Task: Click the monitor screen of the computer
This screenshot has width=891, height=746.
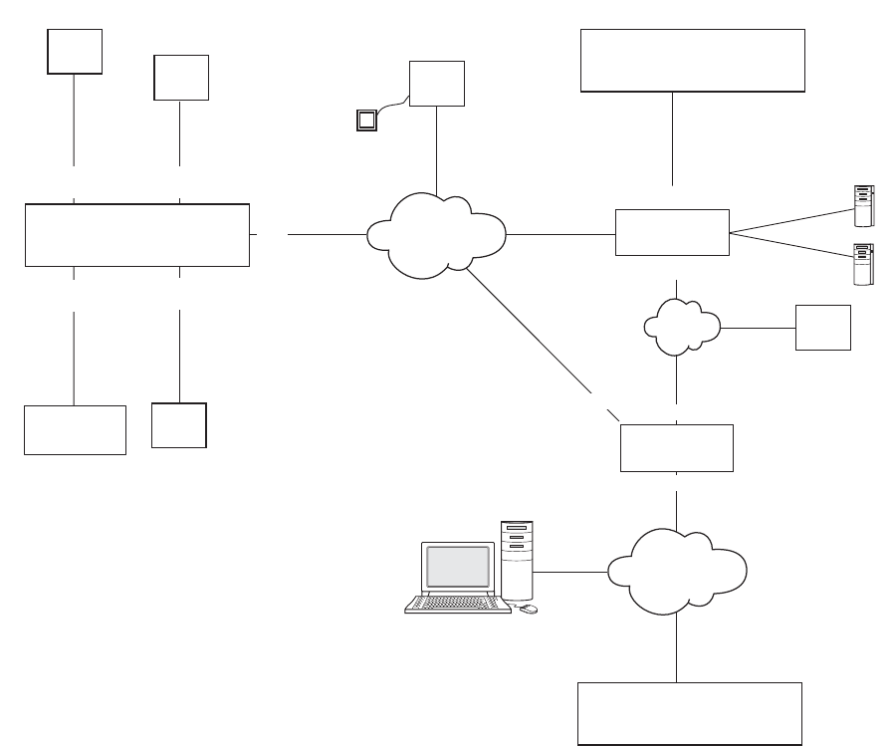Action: click(458, 566)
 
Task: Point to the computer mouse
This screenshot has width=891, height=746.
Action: click(529, 609)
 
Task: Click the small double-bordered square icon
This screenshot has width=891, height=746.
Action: click(367, 122)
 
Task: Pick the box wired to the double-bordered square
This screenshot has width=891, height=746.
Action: click(437, 84)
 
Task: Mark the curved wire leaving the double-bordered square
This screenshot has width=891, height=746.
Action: click(392, 104)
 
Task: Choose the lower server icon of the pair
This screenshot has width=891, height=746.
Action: click(862, 264)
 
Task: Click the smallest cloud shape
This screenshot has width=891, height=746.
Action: click(682, 325)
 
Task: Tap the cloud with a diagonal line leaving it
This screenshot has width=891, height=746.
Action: click(436, 234)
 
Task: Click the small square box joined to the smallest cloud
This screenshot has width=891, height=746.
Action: click(823, 328)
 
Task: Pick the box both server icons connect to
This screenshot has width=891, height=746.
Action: click(672, 233)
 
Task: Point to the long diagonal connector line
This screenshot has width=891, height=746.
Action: click(538, 339)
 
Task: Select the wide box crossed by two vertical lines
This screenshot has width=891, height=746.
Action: click(136, 235)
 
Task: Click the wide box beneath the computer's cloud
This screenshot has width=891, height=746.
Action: click(690, 713)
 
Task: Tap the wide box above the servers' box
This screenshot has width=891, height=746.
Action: click(692, 60)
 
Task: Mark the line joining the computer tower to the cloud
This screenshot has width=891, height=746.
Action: click(570, 572)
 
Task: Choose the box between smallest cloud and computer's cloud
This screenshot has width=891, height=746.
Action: click(677, 448)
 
